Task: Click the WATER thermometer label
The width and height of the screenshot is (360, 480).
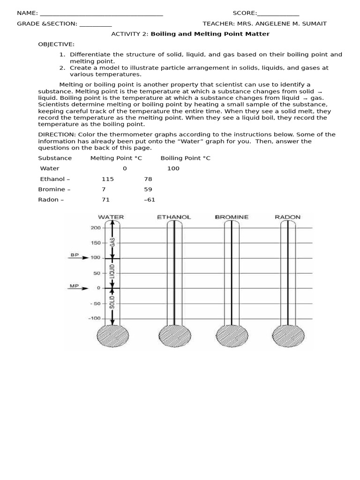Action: click(111, 217)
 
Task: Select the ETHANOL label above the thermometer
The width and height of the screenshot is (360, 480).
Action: click(174, 217)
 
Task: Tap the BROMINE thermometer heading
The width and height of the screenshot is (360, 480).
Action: click(232, 217)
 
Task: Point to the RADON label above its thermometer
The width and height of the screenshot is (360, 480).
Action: click(287, 217)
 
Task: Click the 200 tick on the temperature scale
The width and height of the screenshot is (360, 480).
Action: click(96, 228)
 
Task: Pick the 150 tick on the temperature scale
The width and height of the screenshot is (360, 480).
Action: click(96, 243)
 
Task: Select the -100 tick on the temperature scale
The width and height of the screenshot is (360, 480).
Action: click(95, 318)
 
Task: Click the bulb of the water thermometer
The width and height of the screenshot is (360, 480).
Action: click(112, 336)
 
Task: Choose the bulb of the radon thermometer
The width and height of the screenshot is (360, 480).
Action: click(288, 336)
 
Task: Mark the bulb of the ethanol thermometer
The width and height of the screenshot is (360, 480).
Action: click(174, 336)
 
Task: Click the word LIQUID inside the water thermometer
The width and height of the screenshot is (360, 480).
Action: click(112, 273)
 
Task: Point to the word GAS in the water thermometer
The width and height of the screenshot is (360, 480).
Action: click(112, 243)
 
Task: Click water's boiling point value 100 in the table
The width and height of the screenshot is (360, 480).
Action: click(173, 168)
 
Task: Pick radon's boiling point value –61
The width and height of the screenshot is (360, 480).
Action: click(150, 200)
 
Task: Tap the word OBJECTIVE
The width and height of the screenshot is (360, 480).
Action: click(56, 44)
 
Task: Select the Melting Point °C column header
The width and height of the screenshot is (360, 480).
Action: click(116, 158)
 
